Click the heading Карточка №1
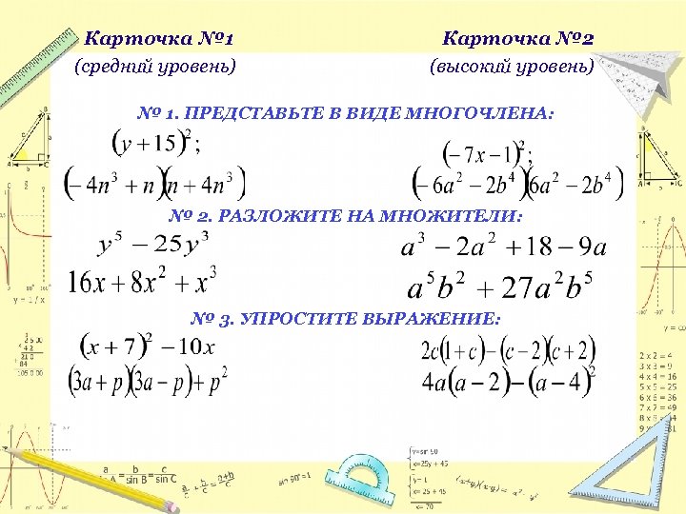[x=159, y=39]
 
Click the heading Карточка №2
[x=518, y=39]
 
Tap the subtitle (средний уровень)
[x=155, y=67]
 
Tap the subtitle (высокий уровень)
[x=512, y=67]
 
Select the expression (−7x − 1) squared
[x=486, y=151]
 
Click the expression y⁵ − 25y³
[x=153, y=246]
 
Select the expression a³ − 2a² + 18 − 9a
[x=504, y=248]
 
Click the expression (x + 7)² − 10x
[x=147, y=346]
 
